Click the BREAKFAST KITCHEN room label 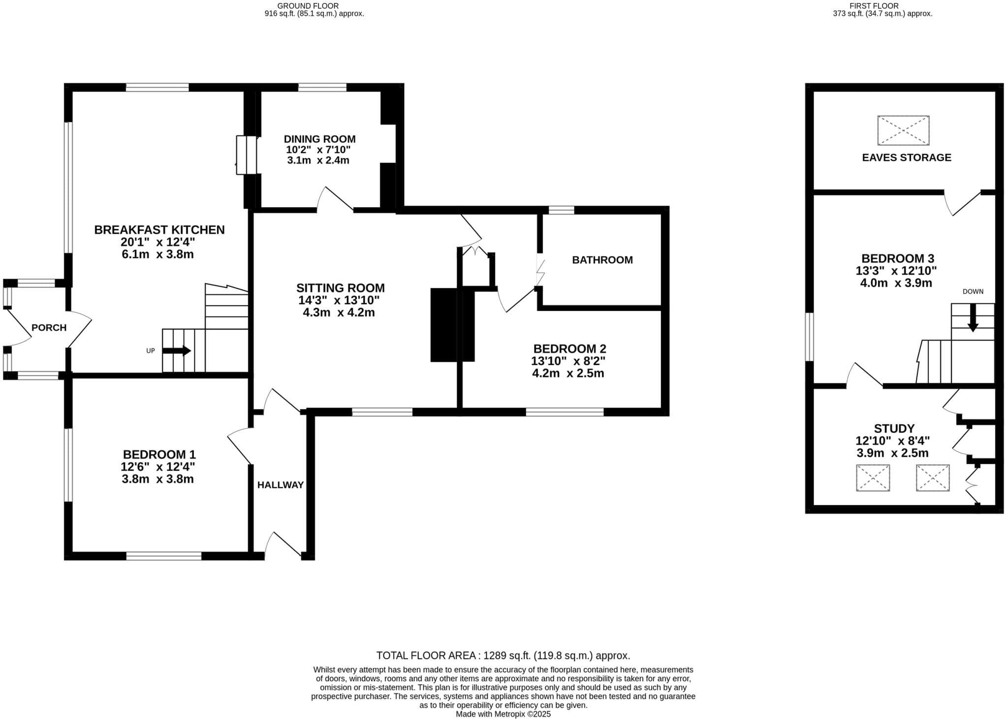159,230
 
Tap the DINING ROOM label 319,139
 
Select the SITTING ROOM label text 341,288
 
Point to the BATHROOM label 602,260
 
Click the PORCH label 49,328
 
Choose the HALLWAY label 281,485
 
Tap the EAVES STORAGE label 907,157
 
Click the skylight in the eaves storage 903,130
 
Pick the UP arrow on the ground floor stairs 176,351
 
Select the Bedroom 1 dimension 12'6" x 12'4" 158,467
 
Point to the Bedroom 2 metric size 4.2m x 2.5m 568,373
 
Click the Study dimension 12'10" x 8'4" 893,441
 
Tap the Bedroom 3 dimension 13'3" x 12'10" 896,271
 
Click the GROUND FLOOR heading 308,6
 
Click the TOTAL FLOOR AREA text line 503,656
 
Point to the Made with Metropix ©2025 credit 503,714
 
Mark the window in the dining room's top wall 322,88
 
